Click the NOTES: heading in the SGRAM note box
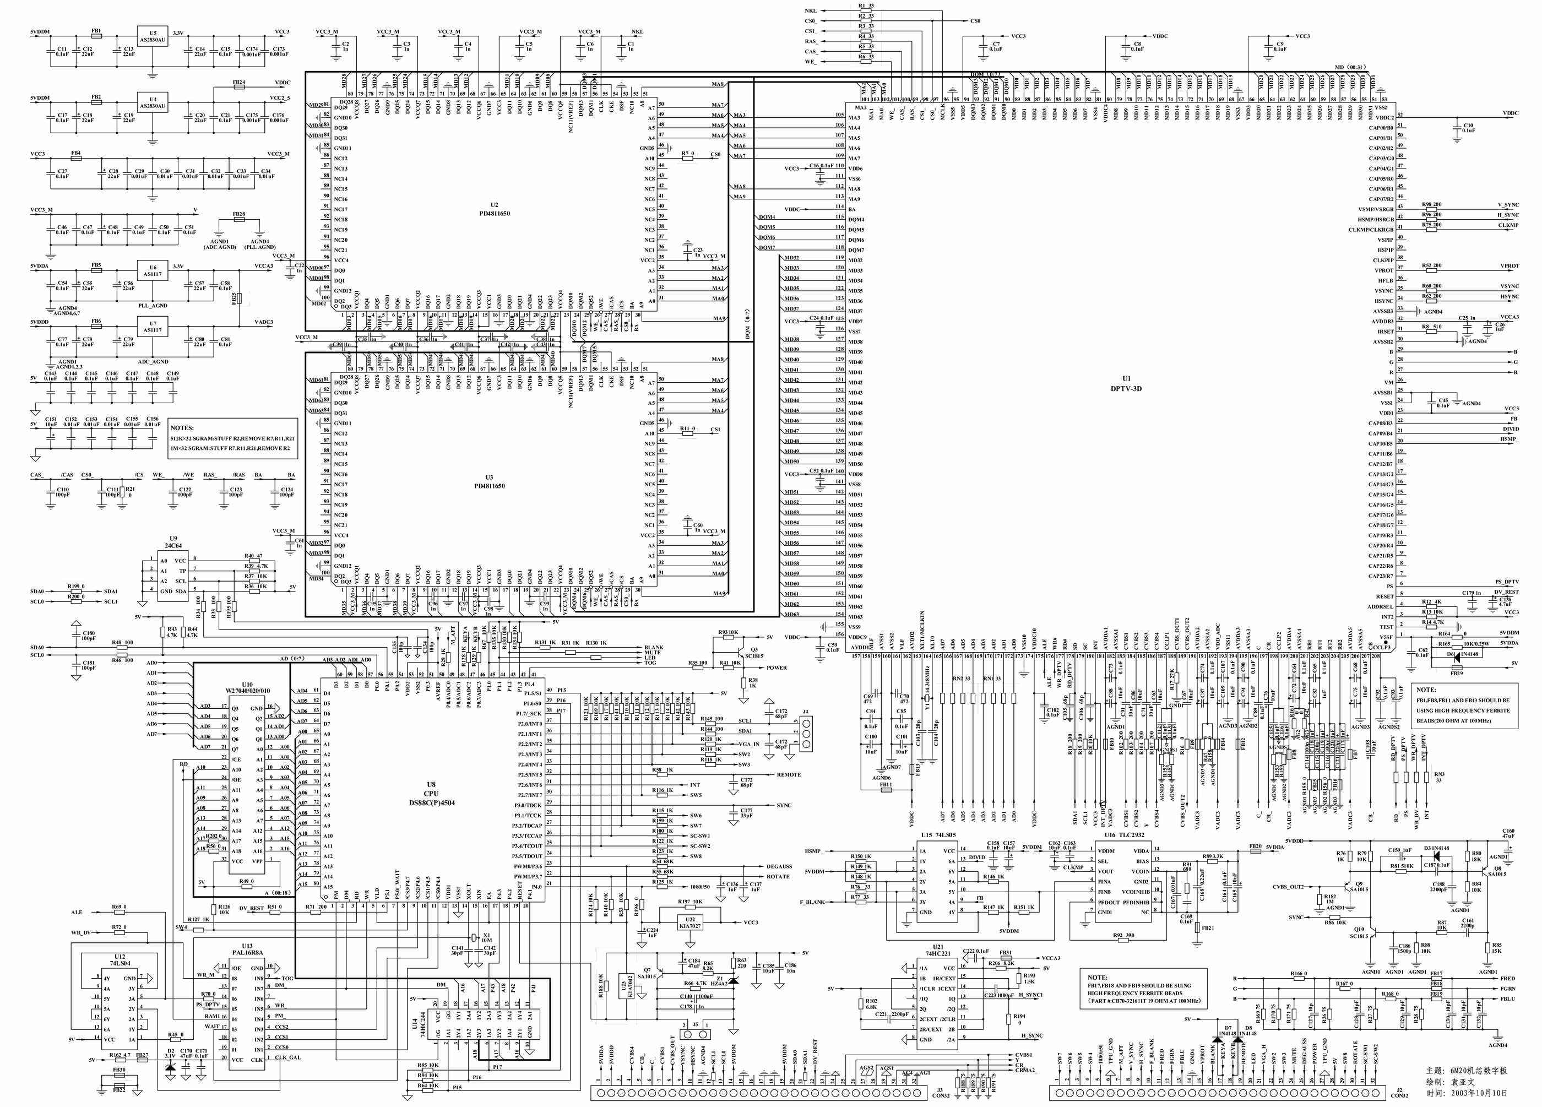[x=182, y=428]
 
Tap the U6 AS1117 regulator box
[x=153, y=270]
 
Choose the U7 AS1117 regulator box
[x=153, y=327]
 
